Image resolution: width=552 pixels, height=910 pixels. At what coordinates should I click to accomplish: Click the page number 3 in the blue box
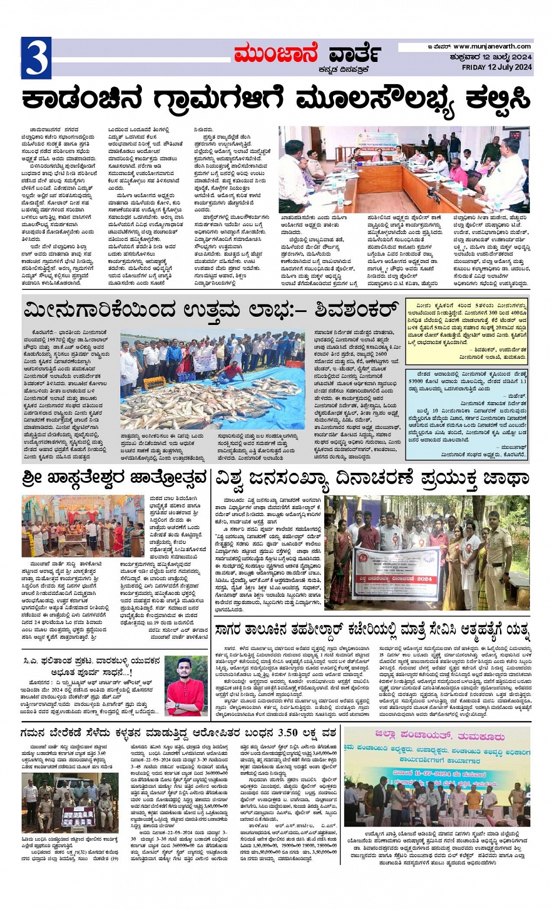tap(36, 58)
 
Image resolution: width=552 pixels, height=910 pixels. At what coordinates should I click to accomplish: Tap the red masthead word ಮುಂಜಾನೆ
tap(276, 54)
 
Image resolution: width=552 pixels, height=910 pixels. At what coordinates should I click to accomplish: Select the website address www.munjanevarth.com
tap(492, 46)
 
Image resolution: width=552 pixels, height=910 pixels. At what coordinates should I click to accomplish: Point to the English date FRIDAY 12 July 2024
tap(497, 67)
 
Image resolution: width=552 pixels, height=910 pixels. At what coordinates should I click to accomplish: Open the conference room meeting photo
tap(404, 169)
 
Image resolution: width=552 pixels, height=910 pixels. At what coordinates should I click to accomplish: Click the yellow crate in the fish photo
tap(155, 383)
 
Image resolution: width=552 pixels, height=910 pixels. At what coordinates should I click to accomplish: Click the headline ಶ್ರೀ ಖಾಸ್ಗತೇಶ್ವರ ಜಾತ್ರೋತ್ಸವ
tap(114, 478)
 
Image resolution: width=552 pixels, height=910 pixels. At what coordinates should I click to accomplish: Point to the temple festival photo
tap(82, 525)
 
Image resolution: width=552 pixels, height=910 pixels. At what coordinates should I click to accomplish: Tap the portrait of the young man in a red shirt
tap(186, 685)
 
